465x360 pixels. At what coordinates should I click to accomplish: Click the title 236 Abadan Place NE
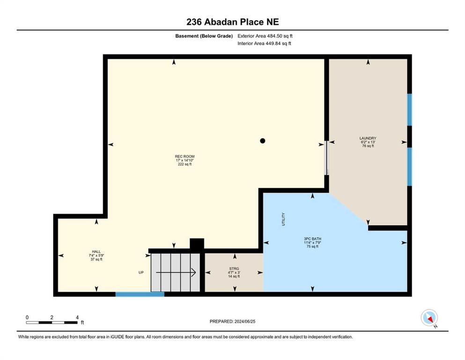pyautogui.click(x=232, y=22)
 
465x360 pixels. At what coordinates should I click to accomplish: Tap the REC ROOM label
pyautogui.click(x=185, y=157)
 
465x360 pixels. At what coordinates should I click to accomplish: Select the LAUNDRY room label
pyautogui.click(x=368, y=138)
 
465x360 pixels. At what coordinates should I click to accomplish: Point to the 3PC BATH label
pyautogui.click(x=312, y=239)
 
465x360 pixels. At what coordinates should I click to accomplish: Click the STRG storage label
pyautogui.click(x=234, y=269)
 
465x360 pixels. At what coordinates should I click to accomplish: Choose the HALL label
pyautogui.click(x=96, y=251)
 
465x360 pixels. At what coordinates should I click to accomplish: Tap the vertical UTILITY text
pyautogui.click(x=283, y=219)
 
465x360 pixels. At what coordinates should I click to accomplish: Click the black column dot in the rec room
pyautogui.click(x=262, y=141)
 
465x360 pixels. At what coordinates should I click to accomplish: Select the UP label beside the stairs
pyautogui.click(x=141, y=272)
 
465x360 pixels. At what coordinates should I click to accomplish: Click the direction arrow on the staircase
pyautogui.click(x=176, y=272)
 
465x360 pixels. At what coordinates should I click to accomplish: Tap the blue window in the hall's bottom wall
pyautogui.click(x=140, y=294)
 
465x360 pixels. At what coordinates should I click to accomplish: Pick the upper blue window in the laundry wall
pyautogui.click(x=409, y=110)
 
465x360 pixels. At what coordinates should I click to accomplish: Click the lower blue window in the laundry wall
pyautogui.click(x=409, y=166)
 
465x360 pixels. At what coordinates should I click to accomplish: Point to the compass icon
pyautogui.click(x=429, y=318)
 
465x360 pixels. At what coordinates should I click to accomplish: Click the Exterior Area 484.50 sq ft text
pyautogui.click(x=265, y=36)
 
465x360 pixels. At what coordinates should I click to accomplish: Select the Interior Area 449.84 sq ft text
pyautogui.click(x=264, y=43)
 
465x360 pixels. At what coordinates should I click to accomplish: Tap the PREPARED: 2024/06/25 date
pyautogui.click(x=232, y=321)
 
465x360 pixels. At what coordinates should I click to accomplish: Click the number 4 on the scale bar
pyautogui.click(x=77, y=317)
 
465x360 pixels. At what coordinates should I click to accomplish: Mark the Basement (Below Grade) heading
pyautogui.click(x=204, y=36)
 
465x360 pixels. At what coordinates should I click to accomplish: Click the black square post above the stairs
pyautogui.click(x=197, y=244)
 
